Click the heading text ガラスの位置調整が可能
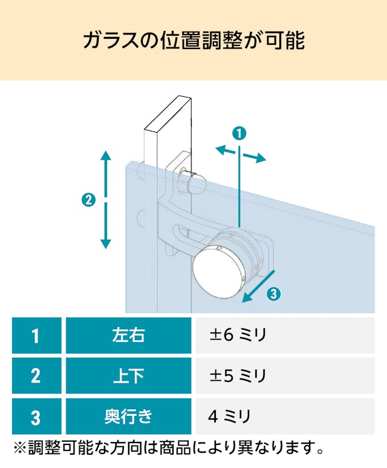pyautogui.click(x=193, y=41)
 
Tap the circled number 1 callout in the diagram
pyautogui.click(x=239, y=133)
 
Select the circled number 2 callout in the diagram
pyautogui.click(x=88, y=200)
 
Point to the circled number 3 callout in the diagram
pyautogui.click(x=274, y=294)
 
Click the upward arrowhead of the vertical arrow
pyautogui.click(x=106, y=156)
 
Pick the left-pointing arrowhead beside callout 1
pyautogui.click(x=221, y=149)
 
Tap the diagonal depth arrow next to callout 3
pyautogui.click(x=258, y=286)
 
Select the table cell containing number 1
pyautogui.click(x=37, y=335)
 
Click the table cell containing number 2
pyautogui.click(x=37, y=375)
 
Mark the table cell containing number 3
pyautogui.click(x=37, y=416)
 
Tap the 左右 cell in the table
pyautogui.click(x=129, y=335)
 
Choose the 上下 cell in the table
pyautogui.click(x=129, y=375)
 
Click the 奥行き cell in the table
pyautogui.click(x=129, y=416)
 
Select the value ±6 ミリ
pyautogui.click(x=238, y=335)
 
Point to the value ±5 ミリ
pyautogui.click(x=238, y=375)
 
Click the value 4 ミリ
pyautogui.click(x=229, y=417)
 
